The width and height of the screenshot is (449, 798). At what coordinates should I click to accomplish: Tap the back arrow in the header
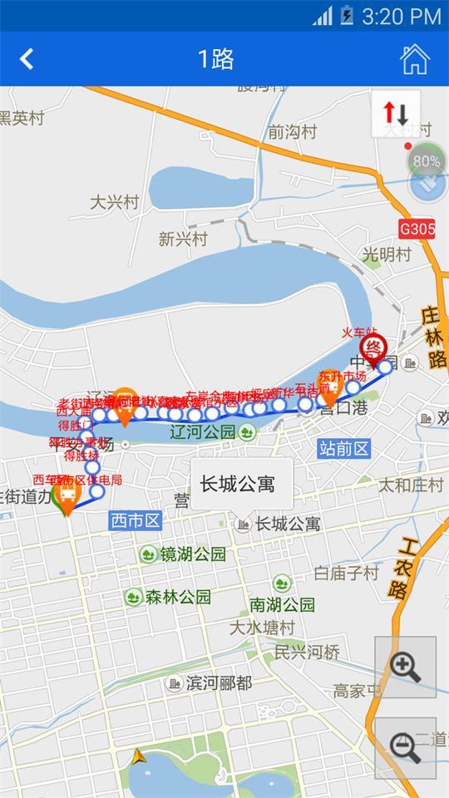(27, 59)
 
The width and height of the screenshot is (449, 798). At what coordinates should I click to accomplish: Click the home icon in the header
(414, 59)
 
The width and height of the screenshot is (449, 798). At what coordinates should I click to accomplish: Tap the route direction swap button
(395, 112)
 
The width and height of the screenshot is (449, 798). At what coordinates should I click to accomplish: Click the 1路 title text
(215, 59)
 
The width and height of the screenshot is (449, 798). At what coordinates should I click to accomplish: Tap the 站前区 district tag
(343, 449)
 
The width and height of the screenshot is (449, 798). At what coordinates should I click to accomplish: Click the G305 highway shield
(417, 228)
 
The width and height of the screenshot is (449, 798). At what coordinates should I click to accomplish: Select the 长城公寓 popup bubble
(241, 484)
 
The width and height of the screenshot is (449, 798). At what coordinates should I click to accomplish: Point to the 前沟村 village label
(292, 131)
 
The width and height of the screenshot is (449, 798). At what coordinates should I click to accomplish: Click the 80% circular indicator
(427, 161)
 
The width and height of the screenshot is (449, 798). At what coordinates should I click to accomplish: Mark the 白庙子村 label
(347, 573)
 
